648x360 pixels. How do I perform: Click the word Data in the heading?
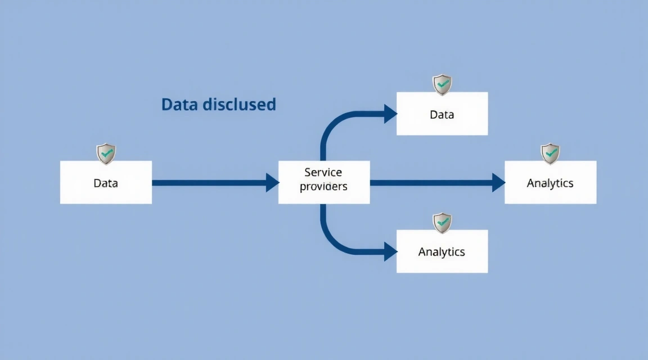tap(179, 105)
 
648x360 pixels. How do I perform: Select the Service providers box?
tap(324, 182)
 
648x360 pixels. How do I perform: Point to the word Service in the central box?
tap(323, 172)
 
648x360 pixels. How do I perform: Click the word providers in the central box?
tap(323, 186)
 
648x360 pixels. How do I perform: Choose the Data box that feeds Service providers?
tap(106, 182)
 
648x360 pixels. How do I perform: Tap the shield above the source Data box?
tap(106, 153)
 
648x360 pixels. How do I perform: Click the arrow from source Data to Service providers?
tap(208, 182)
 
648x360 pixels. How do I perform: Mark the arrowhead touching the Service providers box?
tap(272, 182)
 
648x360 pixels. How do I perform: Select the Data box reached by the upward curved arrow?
tap(442, 114)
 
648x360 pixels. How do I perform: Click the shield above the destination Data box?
tap(442, 84)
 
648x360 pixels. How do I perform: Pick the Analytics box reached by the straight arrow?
tap(550, 182)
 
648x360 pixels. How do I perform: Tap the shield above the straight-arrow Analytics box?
tap(550, 153)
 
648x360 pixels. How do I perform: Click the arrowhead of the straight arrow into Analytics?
tap(498, 182)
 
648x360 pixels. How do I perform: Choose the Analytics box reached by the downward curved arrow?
tap(442, 251)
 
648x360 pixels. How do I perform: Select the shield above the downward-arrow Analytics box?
tap(442, 222)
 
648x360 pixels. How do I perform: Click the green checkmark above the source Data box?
tap(106, 152)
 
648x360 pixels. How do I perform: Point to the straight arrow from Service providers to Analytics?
tap(430, 182)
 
